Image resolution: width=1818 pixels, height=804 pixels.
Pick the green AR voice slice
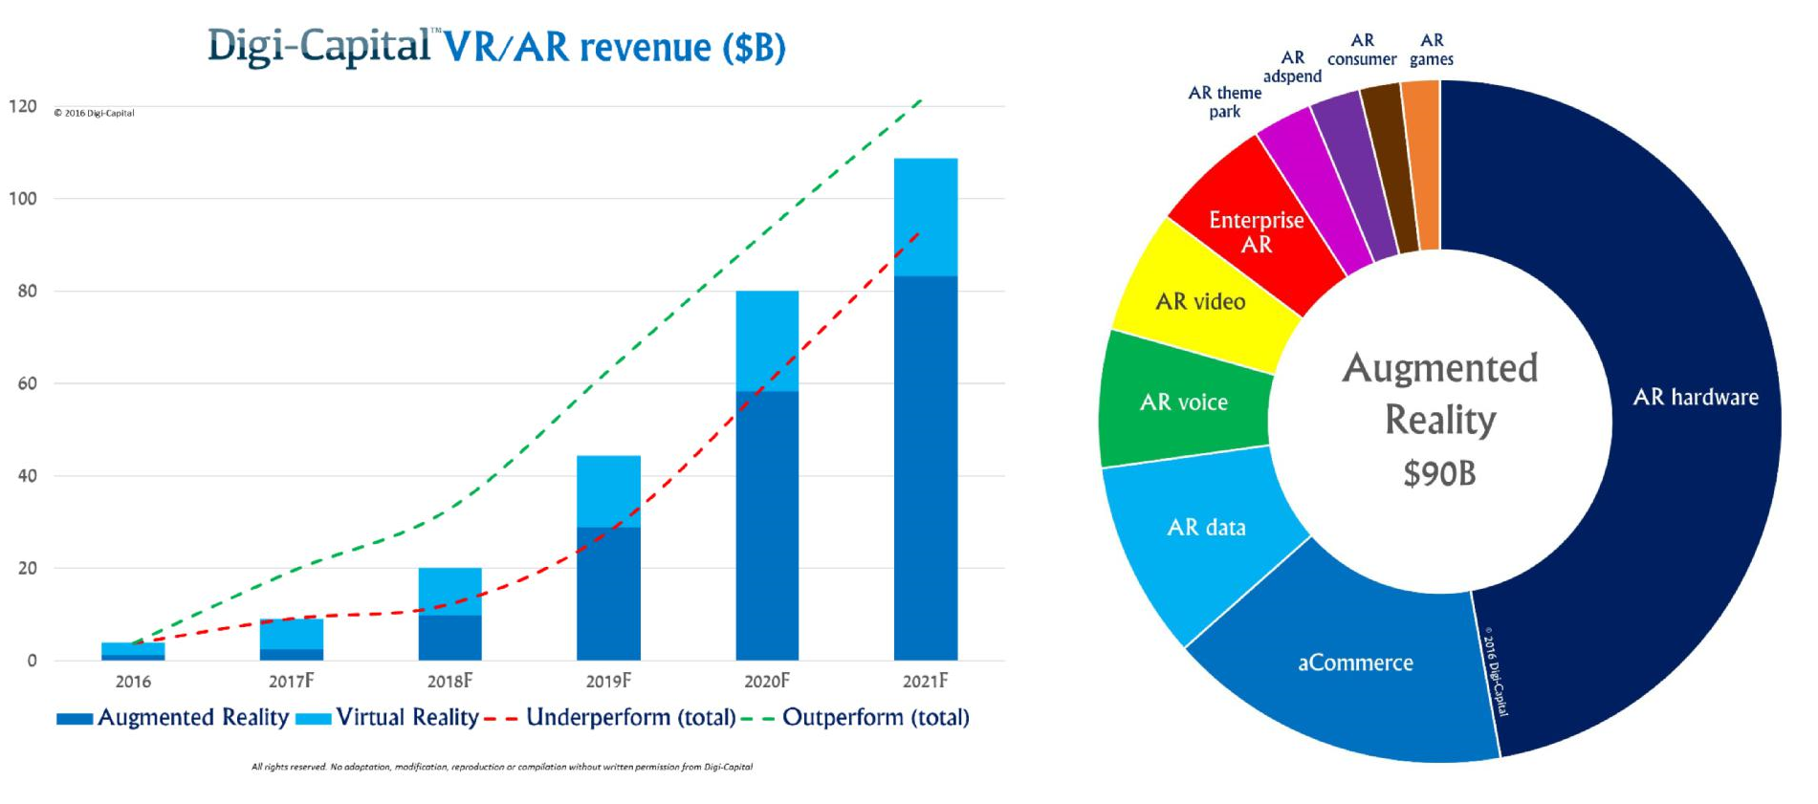pos(1183,402)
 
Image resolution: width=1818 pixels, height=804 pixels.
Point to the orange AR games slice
pos(1423,163)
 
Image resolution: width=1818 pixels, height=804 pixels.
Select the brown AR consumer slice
pos(1388,167)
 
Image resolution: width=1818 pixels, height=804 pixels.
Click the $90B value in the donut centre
pos(1439,473)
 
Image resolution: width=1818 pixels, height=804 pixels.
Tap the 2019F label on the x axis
pos(608,682)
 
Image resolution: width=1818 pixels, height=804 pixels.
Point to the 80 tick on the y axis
pos(27,292)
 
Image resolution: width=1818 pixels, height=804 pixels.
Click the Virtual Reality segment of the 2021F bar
pos(925,217)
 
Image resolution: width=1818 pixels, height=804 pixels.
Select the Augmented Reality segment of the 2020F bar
pos(767,526)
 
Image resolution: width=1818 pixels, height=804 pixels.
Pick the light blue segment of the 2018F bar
pos(449,591)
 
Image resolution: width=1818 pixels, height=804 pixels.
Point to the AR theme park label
pos(1224,102)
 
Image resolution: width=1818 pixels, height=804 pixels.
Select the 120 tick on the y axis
pos(23,106)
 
